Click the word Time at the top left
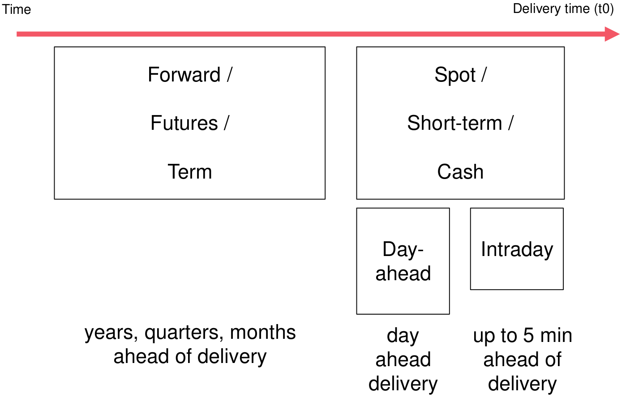17,9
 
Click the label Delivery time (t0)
563,9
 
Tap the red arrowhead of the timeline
612,34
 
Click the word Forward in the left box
184,75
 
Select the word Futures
184,123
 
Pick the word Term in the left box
190,171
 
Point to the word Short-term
454,123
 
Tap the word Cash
460,171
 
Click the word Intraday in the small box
517,249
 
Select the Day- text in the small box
403,249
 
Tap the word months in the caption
263,333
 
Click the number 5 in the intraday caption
528,336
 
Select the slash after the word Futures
227,123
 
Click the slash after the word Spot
484,75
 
